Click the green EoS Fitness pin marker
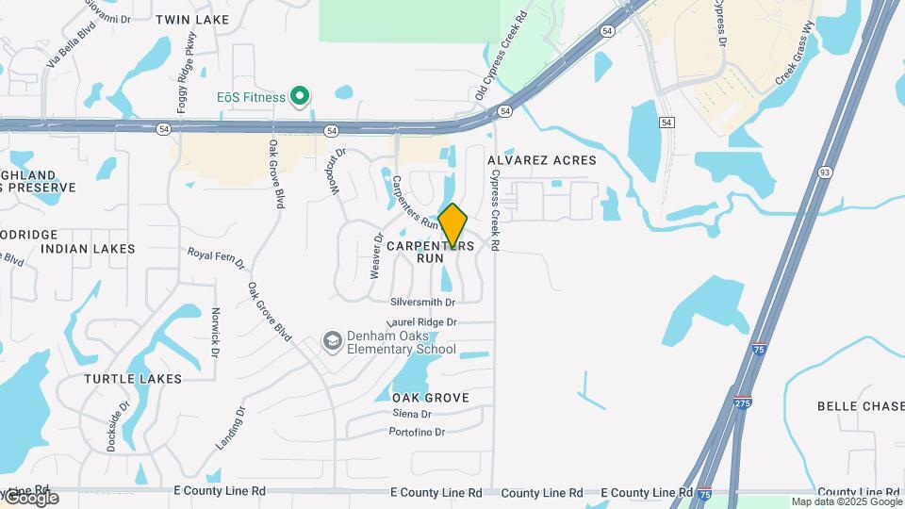tap(300, 95)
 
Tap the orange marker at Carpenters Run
tap(453, 226)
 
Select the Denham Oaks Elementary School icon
tap(332, 340)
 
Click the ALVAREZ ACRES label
tap(542, 160)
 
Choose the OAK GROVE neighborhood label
tap(430, 398)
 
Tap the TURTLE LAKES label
tap(133, 379)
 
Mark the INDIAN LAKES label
tap(89, 249)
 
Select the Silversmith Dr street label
tap(423, 303)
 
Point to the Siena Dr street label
tap(412, 414)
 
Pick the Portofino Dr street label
tap(417, 432)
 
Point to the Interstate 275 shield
tap(744, 402)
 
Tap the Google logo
tap(30, 498)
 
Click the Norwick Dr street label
tap(216, 332)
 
